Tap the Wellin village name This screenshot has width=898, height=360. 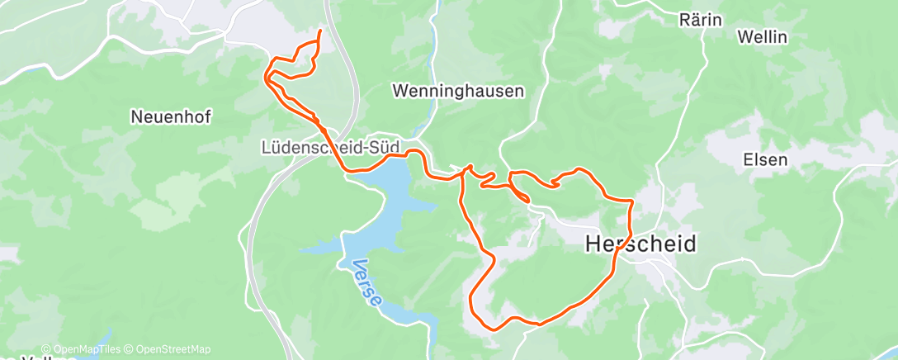pyautogui.click(x=763, y=37)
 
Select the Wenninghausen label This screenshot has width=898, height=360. pyautogui.click(x=458, y=91)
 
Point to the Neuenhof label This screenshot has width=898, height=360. pyautogui.click(x=171, y=117)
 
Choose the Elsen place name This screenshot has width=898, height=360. pyautogui.click(x=765, y=160)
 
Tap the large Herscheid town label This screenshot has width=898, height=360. pyautogui.click(x=640, y=244)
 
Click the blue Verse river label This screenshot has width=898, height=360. pyautogui.click(x=366, y=284)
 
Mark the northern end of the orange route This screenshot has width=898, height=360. pyautogui.click(x=320, y=31)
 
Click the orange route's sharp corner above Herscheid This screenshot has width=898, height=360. pyautogui.click(x=632, y=201)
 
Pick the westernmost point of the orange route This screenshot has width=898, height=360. pyautogui.click(x=264, y=77)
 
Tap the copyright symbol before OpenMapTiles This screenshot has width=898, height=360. pyautogui.click(x=46, y=349)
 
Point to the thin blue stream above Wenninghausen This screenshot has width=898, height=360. pyautogui.click(x=432, y=41)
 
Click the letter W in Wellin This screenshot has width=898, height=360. pyautogui.click(x=744, y=37)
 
